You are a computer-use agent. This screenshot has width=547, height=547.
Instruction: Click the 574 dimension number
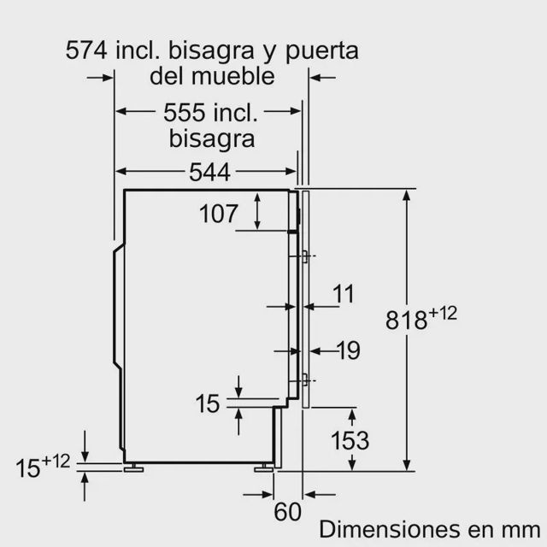pos(86,50)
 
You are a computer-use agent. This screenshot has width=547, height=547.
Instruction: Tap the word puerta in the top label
pos(322,51)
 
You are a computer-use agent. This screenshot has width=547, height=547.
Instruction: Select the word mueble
pos(233,76)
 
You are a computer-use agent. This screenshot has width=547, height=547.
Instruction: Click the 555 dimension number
pos(185,112)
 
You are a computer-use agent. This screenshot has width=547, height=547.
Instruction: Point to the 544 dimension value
pos(209,172)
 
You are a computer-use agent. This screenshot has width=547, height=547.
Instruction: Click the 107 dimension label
pos(219,214)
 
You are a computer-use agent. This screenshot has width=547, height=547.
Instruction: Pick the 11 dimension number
pos(344,294)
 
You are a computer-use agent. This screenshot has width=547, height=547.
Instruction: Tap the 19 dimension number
pos(349,350)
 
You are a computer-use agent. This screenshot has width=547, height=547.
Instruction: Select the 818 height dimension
pos(407,321)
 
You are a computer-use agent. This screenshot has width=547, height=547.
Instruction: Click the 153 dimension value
pos(350,441)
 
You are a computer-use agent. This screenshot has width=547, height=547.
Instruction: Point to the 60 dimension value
pos(287,512)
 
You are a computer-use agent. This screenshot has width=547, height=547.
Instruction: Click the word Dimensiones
pos(390,530)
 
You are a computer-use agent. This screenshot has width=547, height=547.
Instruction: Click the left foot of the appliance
pos(133,468)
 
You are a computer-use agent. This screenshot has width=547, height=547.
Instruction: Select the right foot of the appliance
pos(264,468)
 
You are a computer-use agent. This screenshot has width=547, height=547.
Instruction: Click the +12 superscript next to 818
pos(443,314)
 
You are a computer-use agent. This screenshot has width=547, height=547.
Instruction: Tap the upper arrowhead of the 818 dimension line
pos(407,195)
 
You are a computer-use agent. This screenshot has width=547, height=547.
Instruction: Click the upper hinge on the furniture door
pos(305,256)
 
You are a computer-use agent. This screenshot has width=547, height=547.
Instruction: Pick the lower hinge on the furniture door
pos(305,379)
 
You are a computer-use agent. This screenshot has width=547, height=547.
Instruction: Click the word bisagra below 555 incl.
pos(212,139)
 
